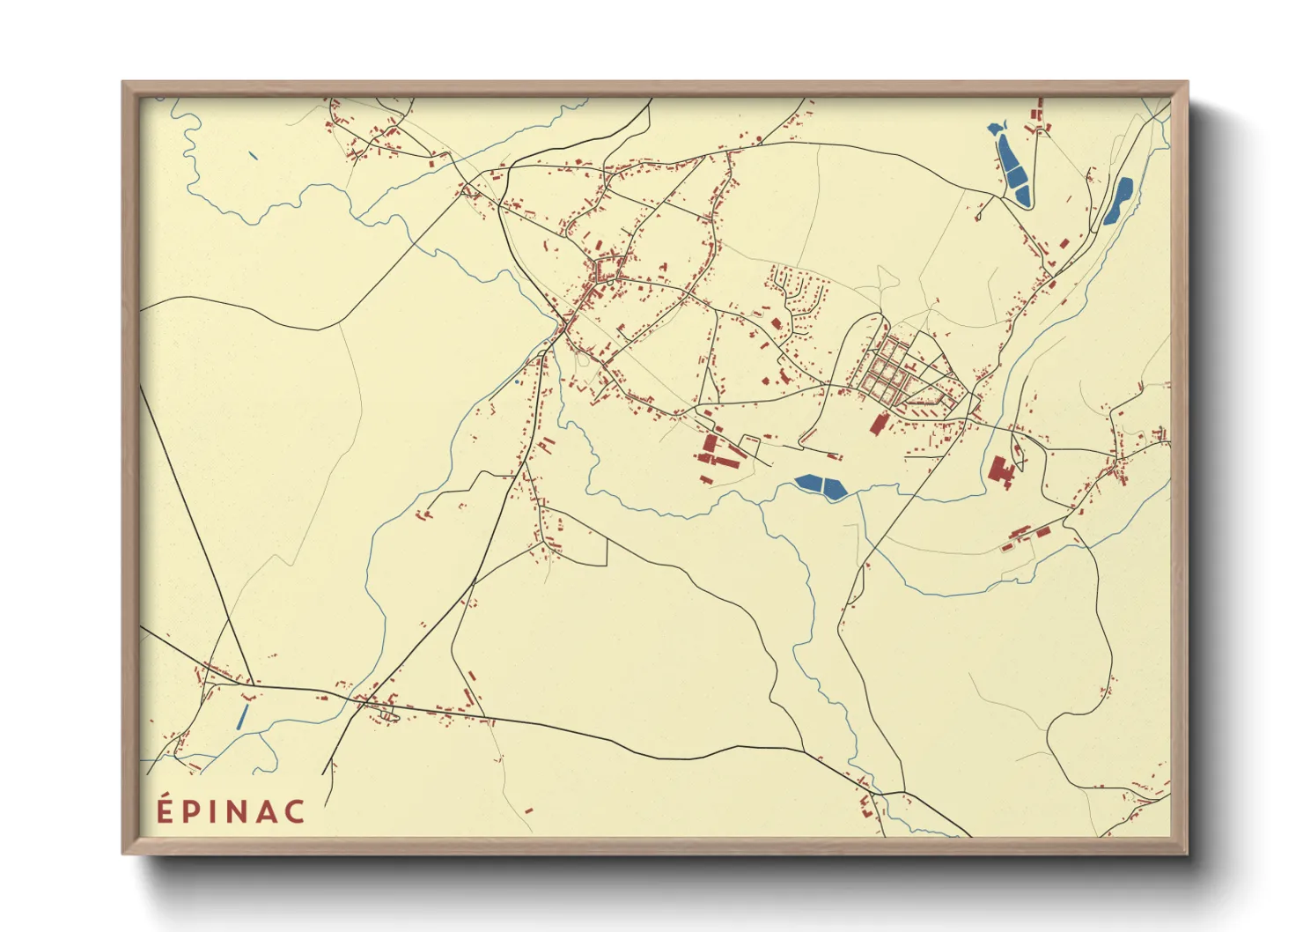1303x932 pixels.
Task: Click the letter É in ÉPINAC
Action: pyautogui.click(x=165, y=810)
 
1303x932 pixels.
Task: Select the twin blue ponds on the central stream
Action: pyautogui.click(x=821, y=485)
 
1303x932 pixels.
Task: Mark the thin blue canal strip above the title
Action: pyautogui.click(x=243, y=715)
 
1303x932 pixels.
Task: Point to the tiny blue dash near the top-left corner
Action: pyautogui.click(x=254, y=156)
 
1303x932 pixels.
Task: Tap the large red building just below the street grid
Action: pyautogui.click(x=878, y=424)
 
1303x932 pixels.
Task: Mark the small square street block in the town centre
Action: pyautogui.click(x=607, y=268)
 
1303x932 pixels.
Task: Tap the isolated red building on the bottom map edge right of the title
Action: pyautogui.click(x=528, y=810)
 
